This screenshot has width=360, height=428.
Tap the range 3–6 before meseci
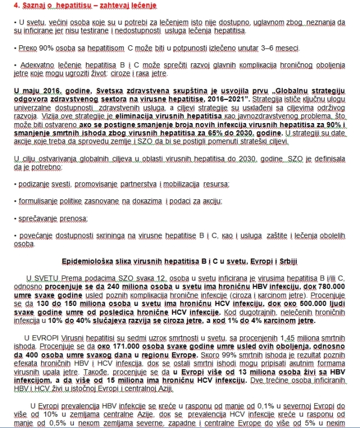click(289, 45)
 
